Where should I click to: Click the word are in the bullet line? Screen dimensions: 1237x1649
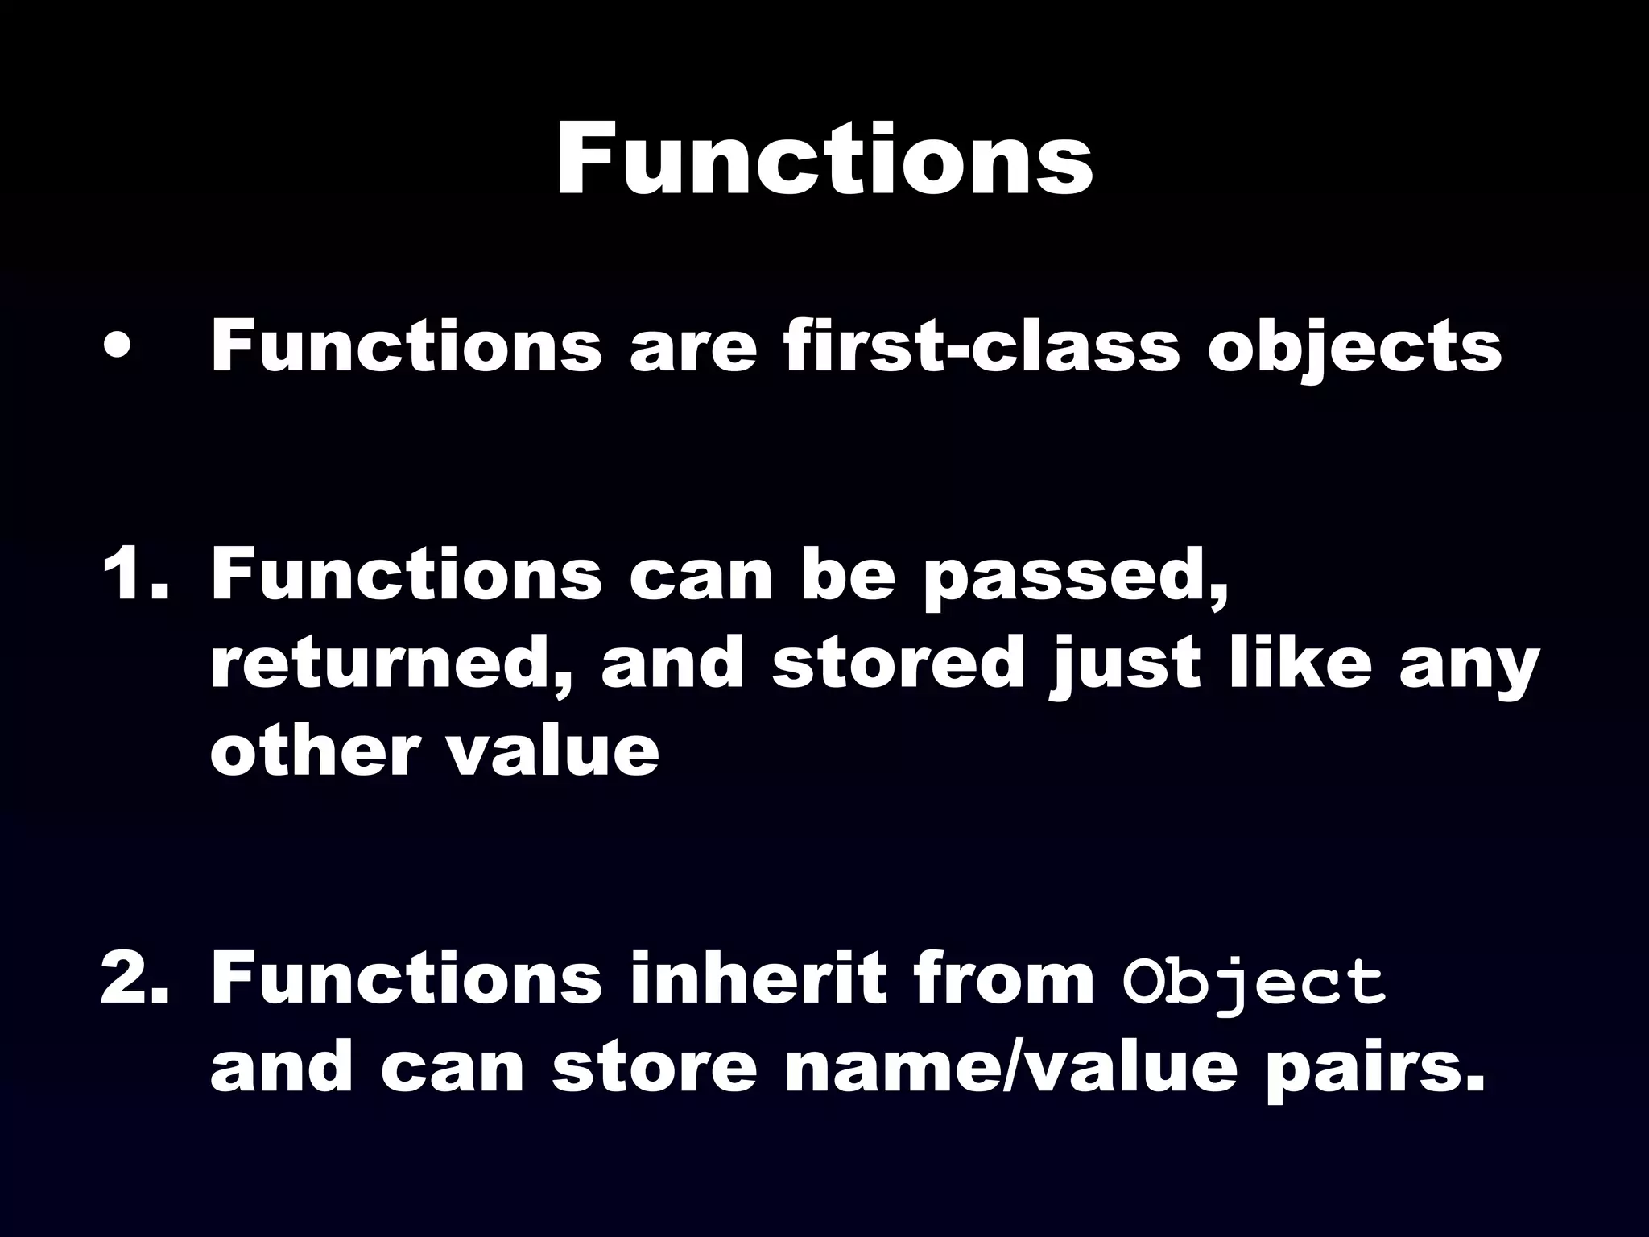point(693,348)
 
